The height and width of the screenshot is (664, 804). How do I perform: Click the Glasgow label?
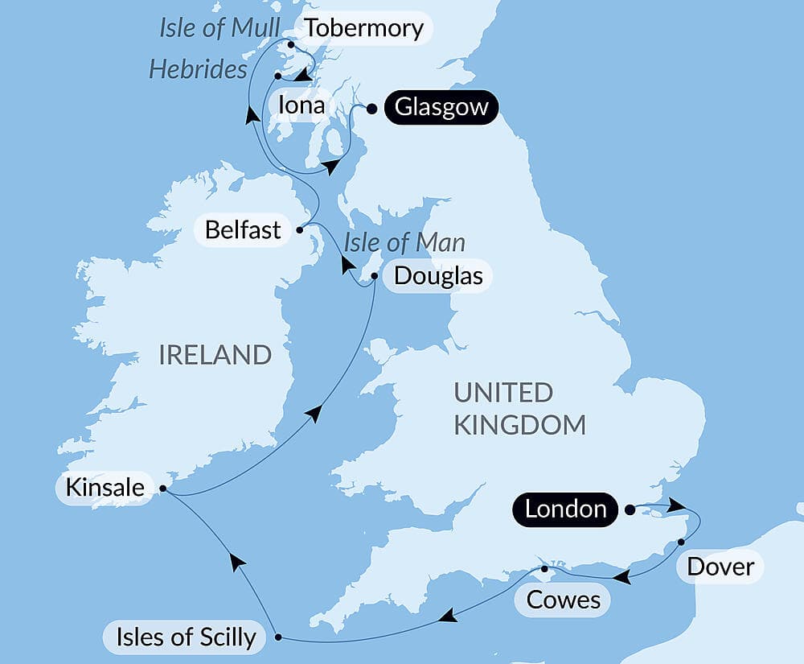click(x=441, y=108)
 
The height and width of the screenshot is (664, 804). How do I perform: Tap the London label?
click(x=566, y=509)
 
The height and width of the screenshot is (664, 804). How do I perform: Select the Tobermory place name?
click(x=364, y=29)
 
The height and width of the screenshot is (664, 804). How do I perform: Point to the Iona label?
click(x=301, y=105)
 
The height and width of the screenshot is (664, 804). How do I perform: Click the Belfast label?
click(x=243, y=229)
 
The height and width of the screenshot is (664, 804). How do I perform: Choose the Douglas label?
click(x=438, y=277)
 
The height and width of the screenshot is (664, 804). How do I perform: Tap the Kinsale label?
click(x=106, y=488)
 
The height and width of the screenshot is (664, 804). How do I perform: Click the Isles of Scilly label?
click(x=186, y=637)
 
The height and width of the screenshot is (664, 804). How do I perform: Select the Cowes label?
click(x=564, y=600)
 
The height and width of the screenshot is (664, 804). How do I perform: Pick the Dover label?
click(x=720, y=567)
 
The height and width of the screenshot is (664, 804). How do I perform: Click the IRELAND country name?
click(x=215, y=354)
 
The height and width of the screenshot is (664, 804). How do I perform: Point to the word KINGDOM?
click(x=519, y=424)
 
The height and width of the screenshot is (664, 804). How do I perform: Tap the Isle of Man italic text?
click(x=404, y=241)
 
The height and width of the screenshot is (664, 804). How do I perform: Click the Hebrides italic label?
click(x=198, y=70)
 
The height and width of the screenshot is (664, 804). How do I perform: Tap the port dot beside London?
click(x=630, y=509)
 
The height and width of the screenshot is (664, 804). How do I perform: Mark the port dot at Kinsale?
click(x=163, y=488)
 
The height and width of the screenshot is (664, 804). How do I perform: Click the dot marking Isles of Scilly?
click(x=278, y=637)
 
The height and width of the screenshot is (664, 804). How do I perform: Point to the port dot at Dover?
click(x=681, y=542)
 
